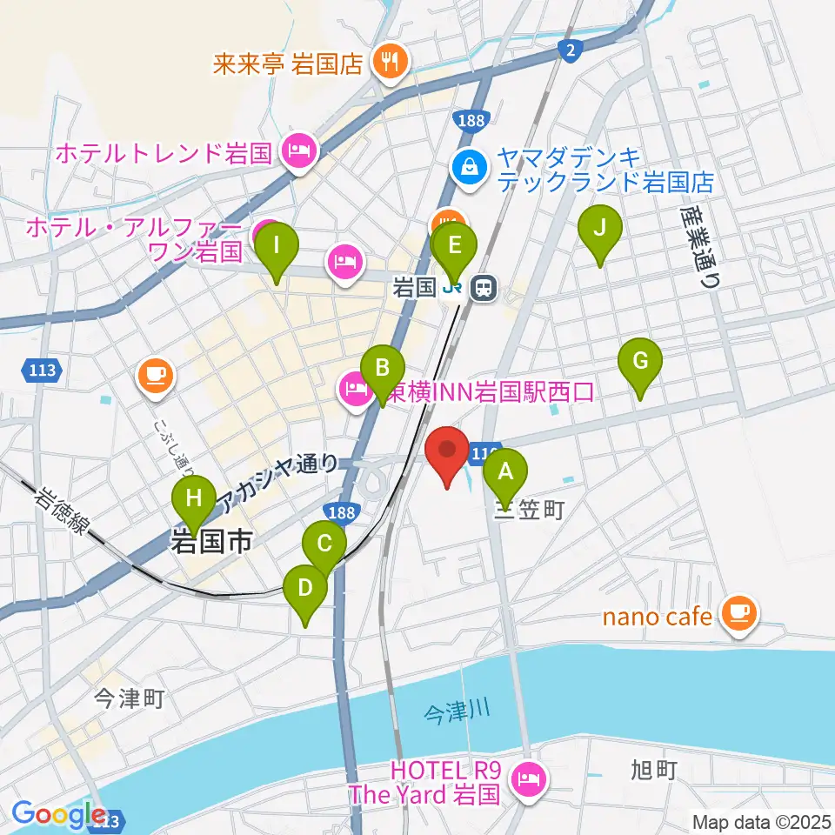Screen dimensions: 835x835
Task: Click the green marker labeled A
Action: click(x=504, y=473)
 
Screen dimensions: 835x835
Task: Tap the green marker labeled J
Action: click(x=600, y=230)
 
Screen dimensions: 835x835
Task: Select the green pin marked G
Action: click(x=640, y=362)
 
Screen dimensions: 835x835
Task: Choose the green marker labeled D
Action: click(x=304, y=589)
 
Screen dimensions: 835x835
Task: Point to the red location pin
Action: click(x=448, y=452)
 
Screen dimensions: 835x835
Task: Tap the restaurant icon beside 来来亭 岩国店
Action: click(x=385, y=60)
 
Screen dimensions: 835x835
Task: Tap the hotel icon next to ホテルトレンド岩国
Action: click(x=297, y=153)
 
